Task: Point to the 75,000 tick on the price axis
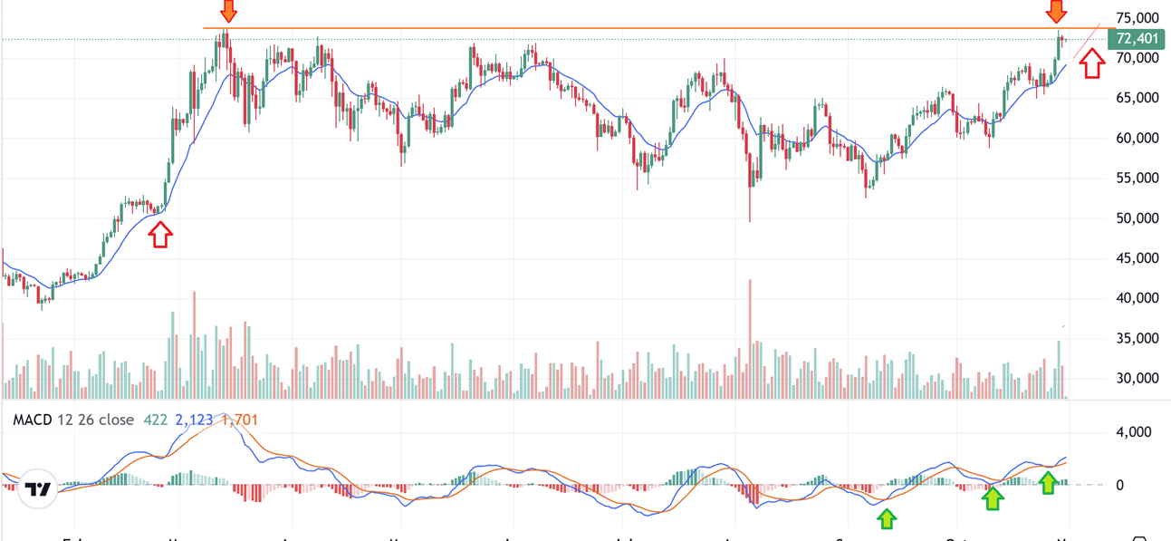[x=1137, y=18]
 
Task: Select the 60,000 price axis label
[x=1137, y=138]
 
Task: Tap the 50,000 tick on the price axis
[x=1137, y=217]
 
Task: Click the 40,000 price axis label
[x=1137, y=297]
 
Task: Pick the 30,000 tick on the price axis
[x=1137, y=378]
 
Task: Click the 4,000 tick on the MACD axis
[x=1134, y=432]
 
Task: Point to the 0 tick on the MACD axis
[x=1120, y=486]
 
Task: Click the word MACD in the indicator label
[x=32, y=420]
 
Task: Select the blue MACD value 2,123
[x=194, y=420]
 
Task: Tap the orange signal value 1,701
[x=240, y=420]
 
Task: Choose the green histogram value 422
[x=156, y=420]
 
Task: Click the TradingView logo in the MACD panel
[x=38, y=489]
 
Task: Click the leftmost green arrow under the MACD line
[x=887, y=518]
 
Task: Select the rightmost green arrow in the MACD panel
[x=1048, y=482]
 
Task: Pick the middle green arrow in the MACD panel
[x=993, y=497]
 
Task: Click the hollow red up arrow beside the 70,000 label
[x=1092, y=63]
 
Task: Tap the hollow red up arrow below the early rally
[x=160, y=235]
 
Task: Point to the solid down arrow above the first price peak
[x=228, y=11]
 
